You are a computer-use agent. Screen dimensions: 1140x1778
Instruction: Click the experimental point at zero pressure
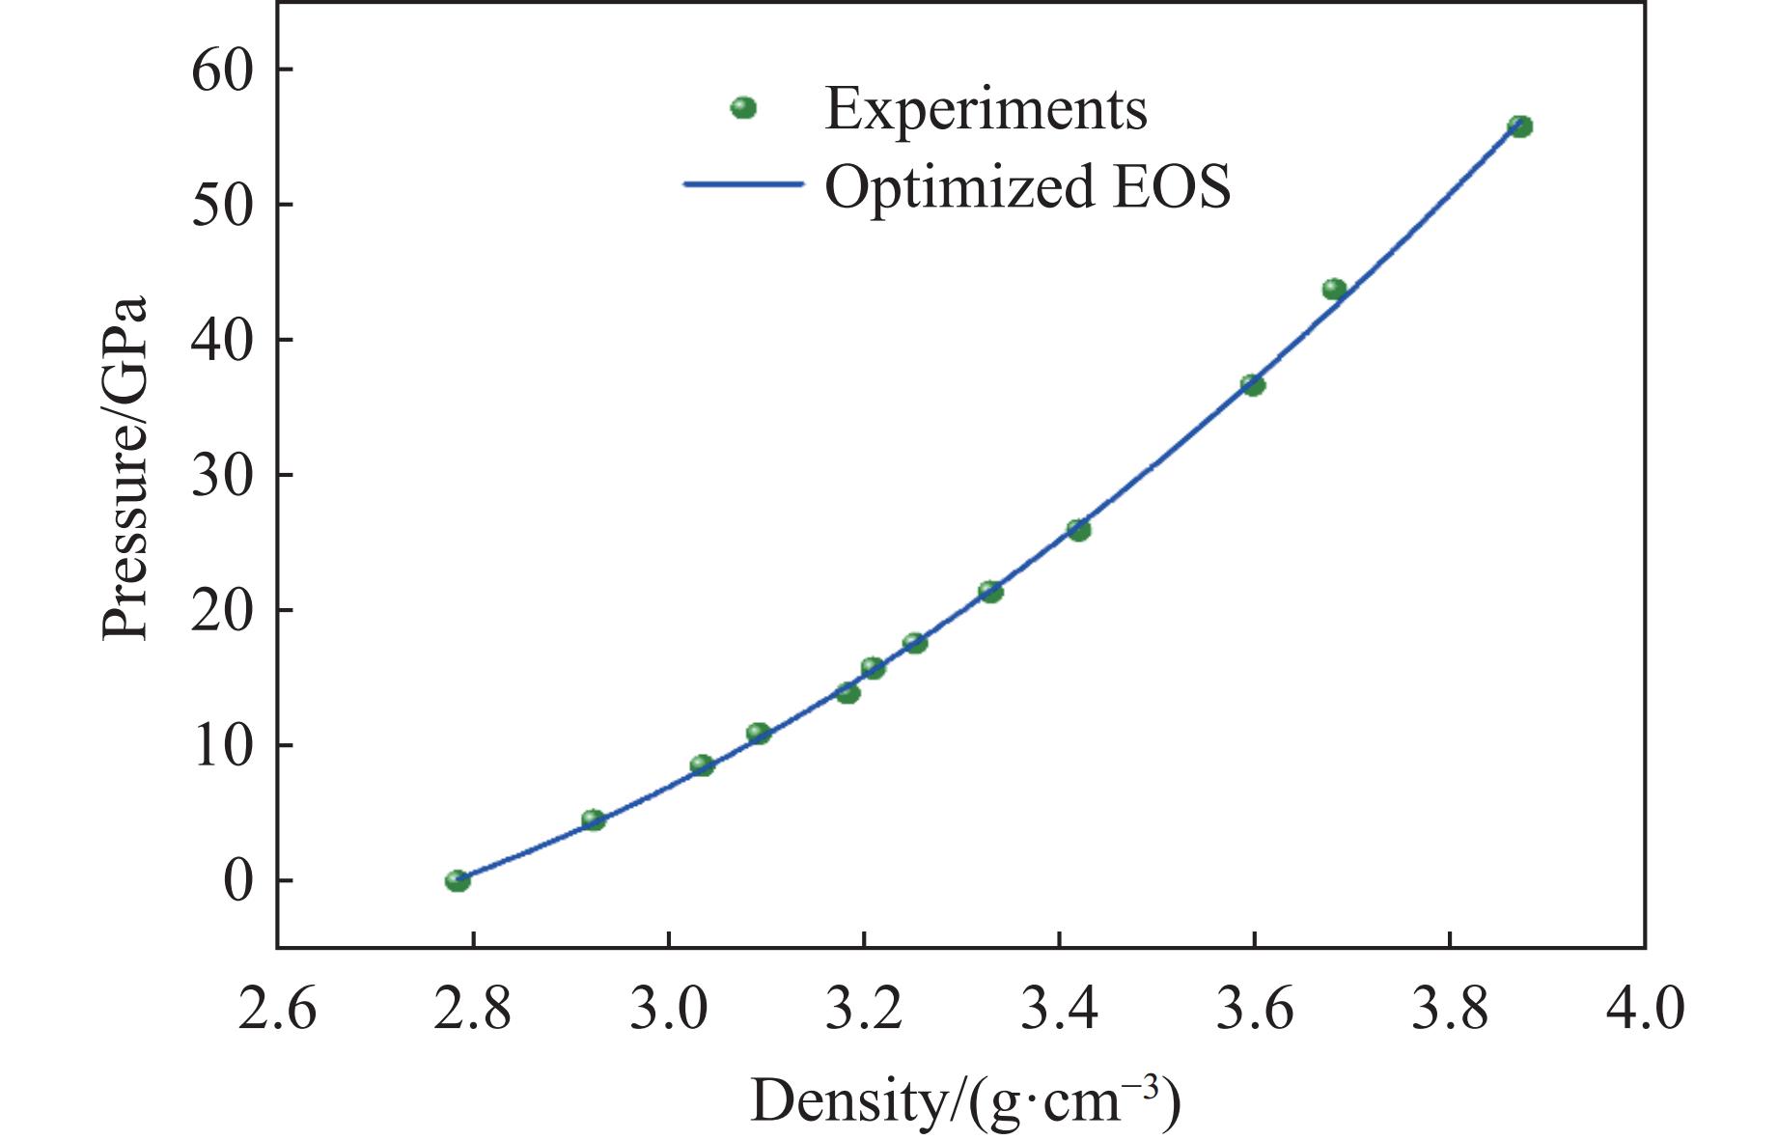point(458,880)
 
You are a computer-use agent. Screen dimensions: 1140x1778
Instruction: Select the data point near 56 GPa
point(1520,126)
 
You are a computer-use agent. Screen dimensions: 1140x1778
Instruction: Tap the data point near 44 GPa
point(1334,289)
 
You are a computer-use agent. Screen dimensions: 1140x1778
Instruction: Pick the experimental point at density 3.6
point(1253,385)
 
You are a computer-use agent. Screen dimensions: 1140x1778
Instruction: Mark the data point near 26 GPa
point(1078,530)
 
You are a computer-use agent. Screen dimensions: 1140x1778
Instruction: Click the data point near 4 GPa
point(593,820)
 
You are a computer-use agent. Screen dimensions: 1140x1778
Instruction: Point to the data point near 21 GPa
point(990,592)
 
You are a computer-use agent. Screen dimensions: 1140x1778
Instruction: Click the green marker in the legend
point(743,108)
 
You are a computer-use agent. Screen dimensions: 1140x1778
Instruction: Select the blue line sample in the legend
point(743,184)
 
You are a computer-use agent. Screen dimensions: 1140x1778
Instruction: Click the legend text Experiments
point(986,109)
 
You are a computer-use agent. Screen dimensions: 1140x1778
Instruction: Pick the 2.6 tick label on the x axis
point(277,1010)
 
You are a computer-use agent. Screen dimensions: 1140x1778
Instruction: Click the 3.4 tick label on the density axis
point(1059,1010)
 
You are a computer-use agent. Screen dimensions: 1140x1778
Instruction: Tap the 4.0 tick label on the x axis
point(1645,1010)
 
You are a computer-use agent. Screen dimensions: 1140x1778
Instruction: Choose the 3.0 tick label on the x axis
point(668,1010)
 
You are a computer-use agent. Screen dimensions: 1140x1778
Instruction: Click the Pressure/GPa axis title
point(125,467)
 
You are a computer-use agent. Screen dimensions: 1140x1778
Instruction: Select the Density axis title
point(965,1100)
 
